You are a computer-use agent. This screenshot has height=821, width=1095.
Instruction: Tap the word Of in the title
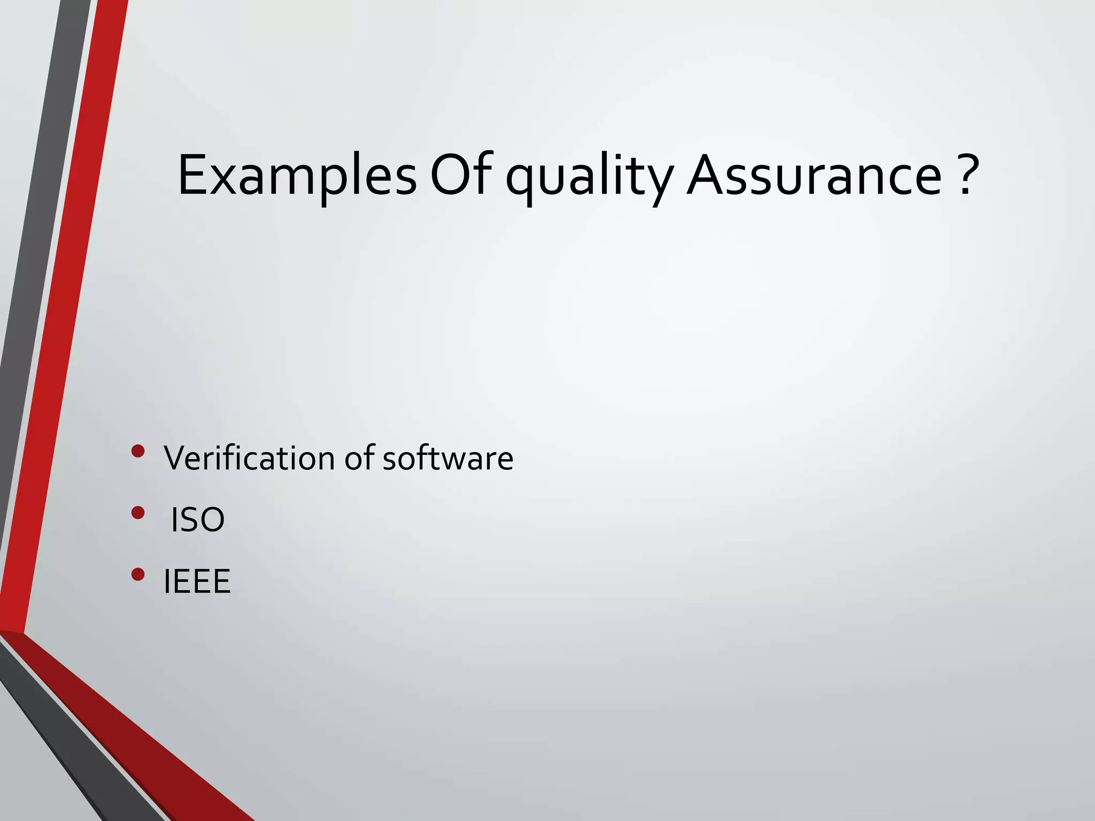[x=460, y=175]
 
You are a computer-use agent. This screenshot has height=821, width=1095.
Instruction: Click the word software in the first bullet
[x=448, y=459]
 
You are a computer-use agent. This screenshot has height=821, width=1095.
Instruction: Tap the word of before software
[x=359, y=459]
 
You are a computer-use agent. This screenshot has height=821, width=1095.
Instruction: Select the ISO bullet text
[x=197, y=520]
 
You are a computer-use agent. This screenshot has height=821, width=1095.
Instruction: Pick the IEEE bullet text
[x=197, y=581]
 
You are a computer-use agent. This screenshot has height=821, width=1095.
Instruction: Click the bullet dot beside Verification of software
[x=138, y=451]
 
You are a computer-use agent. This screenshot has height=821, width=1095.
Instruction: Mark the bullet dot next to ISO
[x=138, y=513]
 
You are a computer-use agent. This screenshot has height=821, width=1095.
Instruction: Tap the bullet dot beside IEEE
[x=138, y=574]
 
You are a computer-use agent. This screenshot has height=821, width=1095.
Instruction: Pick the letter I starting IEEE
[x=167, y=581]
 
